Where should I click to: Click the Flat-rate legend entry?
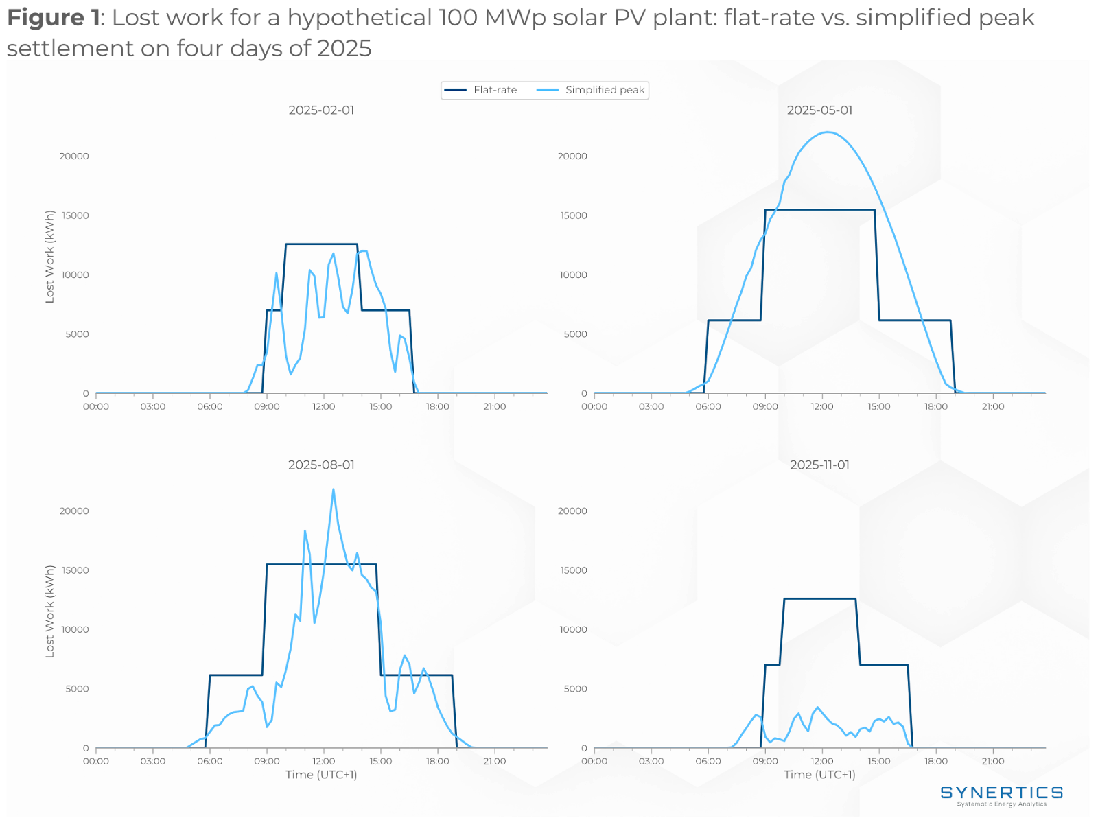[x=495, y=90]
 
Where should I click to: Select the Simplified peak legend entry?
[x=605, y=90]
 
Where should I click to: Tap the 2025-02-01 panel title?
[x=321, y=110]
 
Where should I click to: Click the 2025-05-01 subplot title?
[x=819, y=110]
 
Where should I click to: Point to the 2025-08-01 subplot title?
[x=321, y=465]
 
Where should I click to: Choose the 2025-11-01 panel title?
[x=819, y=465]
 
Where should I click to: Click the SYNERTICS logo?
[x=1001, y=795]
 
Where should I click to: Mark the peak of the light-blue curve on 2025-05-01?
[x=828, y=132]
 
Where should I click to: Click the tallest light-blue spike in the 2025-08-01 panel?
[x=334, y=489]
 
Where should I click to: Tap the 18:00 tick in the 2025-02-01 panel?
[x=437, y=406]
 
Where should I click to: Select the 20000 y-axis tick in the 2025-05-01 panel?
[x=572, y=156]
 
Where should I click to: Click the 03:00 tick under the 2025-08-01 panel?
[x=153, y=761]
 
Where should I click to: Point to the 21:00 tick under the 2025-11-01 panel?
[x=992, y=761]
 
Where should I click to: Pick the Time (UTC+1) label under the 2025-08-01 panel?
[x=321, y=775]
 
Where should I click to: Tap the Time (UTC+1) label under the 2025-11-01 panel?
[x=819, y=775]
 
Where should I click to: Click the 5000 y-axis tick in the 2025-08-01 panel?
[x=77, y=689]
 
